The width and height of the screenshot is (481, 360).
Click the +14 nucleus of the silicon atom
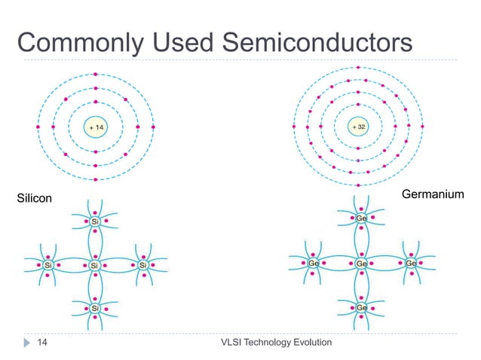click(x=96, y=127)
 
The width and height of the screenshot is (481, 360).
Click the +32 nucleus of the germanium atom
click(x=359, y=127)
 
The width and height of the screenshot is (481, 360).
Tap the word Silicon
click(x=35, y=198)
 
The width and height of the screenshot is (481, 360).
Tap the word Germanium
click(x=432, y=194)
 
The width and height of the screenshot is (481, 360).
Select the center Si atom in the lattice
click(x=95, y=265)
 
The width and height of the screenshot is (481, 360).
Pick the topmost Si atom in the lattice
click(x=95, y=221)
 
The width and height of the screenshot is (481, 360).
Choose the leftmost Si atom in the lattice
click(x=48, y=265)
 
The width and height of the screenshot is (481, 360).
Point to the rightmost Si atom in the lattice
click(x=142, y=265)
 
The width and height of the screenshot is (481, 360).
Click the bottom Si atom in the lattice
click(x=95, y=309)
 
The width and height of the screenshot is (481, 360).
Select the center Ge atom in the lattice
click(x=361, y=264)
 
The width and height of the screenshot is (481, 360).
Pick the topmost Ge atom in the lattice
click(x=361, y=218)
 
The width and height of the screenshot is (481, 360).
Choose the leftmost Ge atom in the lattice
click(x=314, y=264)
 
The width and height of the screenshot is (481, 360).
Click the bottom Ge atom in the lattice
click(x=361, y=309)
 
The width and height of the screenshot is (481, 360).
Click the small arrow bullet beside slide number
click(x=26, y=343)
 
